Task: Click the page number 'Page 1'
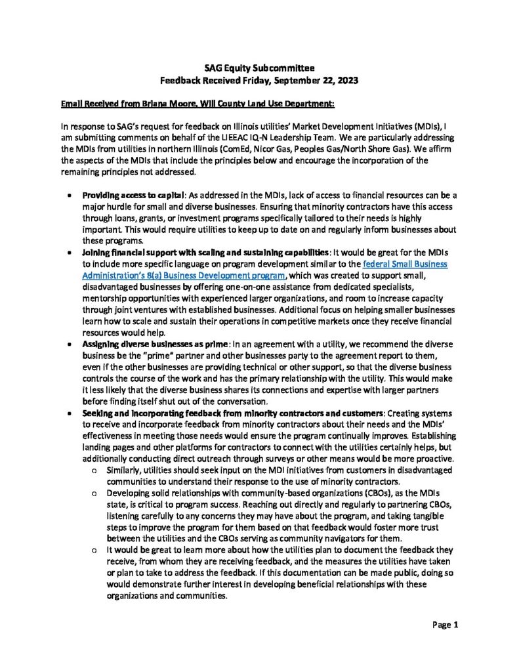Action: point(446,624)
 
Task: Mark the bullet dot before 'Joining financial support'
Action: point(70,253)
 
